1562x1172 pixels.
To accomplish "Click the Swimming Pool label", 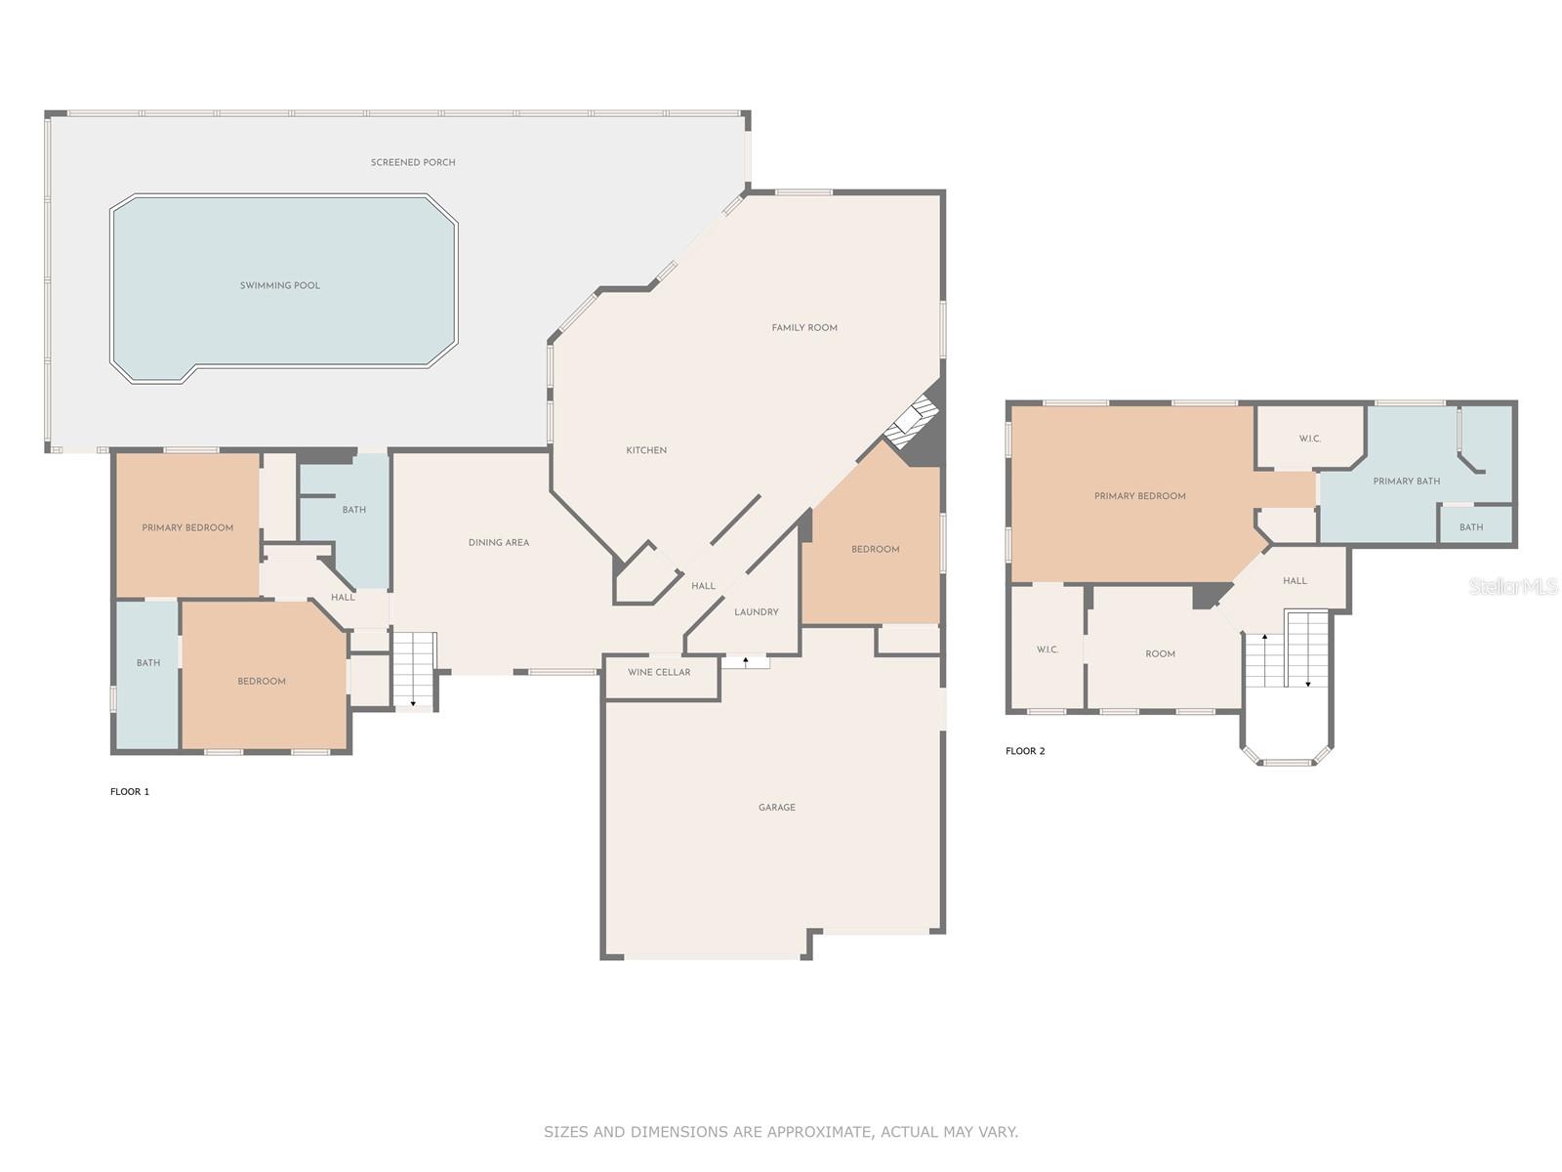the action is (279, 285).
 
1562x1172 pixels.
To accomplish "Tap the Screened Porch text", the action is (413, 162).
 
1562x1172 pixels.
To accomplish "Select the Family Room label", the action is (804, 327).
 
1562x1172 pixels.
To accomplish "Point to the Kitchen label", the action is (646, 449).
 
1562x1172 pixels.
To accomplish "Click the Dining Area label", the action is (498, 542).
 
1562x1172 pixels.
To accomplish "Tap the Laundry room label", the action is (757, 612).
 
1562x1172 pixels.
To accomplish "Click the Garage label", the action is (776, 807).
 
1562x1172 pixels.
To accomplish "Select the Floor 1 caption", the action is (130, 791).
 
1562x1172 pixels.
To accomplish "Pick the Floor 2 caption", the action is (1025, 751).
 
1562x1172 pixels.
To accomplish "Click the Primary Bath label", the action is (1406, 481).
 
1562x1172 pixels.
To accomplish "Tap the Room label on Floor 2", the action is (1160, 653).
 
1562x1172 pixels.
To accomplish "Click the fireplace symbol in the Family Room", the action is (913, 421).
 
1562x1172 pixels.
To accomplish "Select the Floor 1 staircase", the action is (414, 670).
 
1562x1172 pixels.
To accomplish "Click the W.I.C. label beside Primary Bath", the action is (1309, 439).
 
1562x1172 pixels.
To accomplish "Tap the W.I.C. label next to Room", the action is (1047, 649).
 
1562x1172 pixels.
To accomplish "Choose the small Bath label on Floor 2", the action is (1471, 527).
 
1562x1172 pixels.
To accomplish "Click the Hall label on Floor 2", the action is (1295, 581).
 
